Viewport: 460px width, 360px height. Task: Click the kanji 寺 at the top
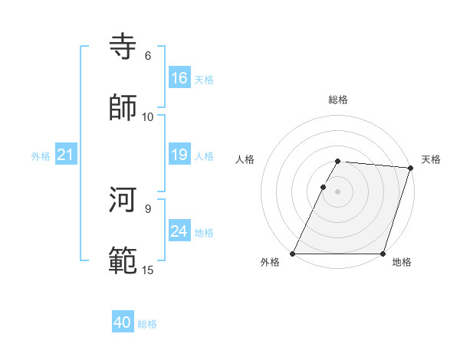(x=123, y=47)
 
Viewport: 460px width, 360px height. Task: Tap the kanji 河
(x=123, y=201)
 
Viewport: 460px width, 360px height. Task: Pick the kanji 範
(x=123, y=260)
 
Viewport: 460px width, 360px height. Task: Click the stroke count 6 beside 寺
(x=148, y=56)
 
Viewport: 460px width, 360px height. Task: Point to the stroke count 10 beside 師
(x=148, y=116)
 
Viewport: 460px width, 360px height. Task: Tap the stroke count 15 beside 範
(x=148, y=270)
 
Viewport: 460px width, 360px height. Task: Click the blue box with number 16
(x=179, y=78)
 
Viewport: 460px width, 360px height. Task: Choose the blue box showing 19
(x=179, y=155)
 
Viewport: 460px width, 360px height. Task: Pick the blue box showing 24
(x=179, y=231)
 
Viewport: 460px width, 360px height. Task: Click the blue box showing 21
(x=66, y=155)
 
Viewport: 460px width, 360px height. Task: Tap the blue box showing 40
(x=123, y=322)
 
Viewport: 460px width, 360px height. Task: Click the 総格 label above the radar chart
(x=338, y=100)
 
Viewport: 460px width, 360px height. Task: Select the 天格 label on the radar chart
(x=431, y=159)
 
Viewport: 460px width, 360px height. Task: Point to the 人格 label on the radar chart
(x=245, y=159)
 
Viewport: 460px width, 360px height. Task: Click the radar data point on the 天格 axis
(x=411, y=168)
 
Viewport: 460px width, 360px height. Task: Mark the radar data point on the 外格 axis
(x=293, y=254)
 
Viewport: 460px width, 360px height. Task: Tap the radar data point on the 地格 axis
(x=383, y=254)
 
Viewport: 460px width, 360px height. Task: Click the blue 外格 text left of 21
(x=41, y=155)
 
